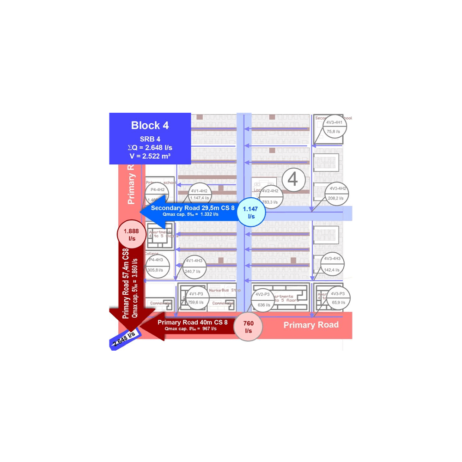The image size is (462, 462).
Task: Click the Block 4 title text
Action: [x=150, y=125]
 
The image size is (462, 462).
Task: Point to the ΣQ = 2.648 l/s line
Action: [x=150, y=147]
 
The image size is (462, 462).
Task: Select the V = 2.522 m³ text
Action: [x=150, y=156]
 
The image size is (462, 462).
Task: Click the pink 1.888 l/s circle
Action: [x=132, y=235]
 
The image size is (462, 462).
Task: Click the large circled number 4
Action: [x=293, y=179]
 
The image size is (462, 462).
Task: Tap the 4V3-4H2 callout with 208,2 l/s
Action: [x=337, y=193]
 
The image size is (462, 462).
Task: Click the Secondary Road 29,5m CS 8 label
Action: [x=193, y=208]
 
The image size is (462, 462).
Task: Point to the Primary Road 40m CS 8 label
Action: [x=192, y=322]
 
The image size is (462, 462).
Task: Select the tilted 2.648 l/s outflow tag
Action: [x=124, y=340]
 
